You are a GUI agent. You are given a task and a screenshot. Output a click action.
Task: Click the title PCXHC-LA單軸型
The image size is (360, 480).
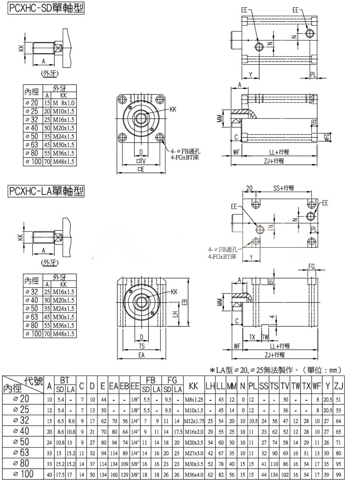[46, 191]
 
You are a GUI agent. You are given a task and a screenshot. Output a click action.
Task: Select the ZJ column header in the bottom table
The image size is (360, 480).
[339, 386]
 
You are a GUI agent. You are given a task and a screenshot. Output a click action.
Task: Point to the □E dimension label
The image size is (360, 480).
[141, 169]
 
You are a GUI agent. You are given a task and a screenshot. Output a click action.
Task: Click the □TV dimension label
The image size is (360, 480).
[141, 161]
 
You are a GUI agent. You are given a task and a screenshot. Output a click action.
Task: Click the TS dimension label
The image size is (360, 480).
[142, 346]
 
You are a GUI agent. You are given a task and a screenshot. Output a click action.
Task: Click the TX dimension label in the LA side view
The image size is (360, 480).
[252, 337]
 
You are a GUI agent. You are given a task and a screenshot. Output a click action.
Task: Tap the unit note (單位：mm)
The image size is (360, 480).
[324, 370]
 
